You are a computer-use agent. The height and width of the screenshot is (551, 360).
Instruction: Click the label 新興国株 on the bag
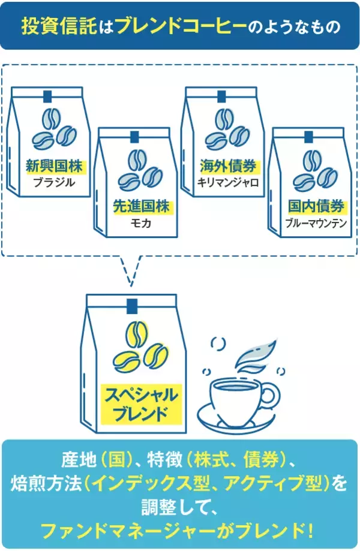click(x=54, y=166)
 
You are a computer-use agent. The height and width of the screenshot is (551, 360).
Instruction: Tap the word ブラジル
click(x=54, y=182)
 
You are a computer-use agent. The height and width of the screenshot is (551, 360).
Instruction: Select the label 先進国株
click(x=141, y=206)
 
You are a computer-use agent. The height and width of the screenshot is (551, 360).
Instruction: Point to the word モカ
click(x=140, y=223)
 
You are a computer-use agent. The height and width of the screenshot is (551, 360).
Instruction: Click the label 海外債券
click(x=228, y=166)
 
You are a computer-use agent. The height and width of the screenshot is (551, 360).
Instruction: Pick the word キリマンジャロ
click(x=228, y=182)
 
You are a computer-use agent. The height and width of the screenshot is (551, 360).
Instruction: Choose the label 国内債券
click(x=316, y=206)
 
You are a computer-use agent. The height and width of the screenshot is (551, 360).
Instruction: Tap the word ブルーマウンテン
click(x=316, y=223)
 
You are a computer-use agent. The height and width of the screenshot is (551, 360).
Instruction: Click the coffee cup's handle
click(x=271, y=395)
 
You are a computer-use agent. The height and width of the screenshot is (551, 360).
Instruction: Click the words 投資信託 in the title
click(x=59, y=26)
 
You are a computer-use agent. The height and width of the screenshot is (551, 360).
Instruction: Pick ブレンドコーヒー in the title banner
click(x=181, y=26)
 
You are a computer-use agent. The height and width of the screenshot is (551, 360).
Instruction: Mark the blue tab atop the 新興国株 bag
click(x=47, y=97)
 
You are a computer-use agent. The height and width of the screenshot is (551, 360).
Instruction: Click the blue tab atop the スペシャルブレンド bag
click(x=131, y=305)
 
